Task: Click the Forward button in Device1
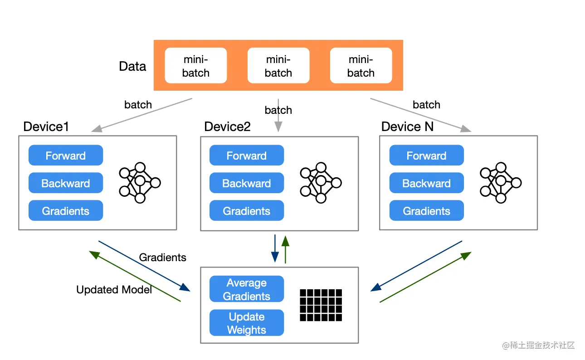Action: tap(66, 156)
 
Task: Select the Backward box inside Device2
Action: tap(246, 183)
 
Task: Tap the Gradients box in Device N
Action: tap(426, 211)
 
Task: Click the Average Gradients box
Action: tap(246, 289)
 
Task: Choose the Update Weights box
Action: tap(246, 323)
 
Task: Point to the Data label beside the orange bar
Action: tap(132, 67)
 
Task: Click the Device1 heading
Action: tap(46, 126)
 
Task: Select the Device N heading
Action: tap(407, 126)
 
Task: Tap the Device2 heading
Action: tap(227, 126)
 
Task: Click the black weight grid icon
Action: tap(321, 305)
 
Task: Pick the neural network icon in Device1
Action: tap(140, 183)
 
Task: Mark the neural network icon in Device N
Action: tap(501, 183)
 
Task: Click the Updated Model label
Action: tap(114, 290)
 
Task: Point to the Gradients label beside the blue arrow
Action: tap(162, 258)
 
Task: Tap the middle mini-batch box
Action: tap(278, 66)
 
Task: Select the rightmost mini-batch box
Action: tap(361, 66)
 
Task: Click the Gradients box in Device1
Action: tap(66, 211)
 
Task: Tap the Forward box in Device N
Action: tap(426, 156)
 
